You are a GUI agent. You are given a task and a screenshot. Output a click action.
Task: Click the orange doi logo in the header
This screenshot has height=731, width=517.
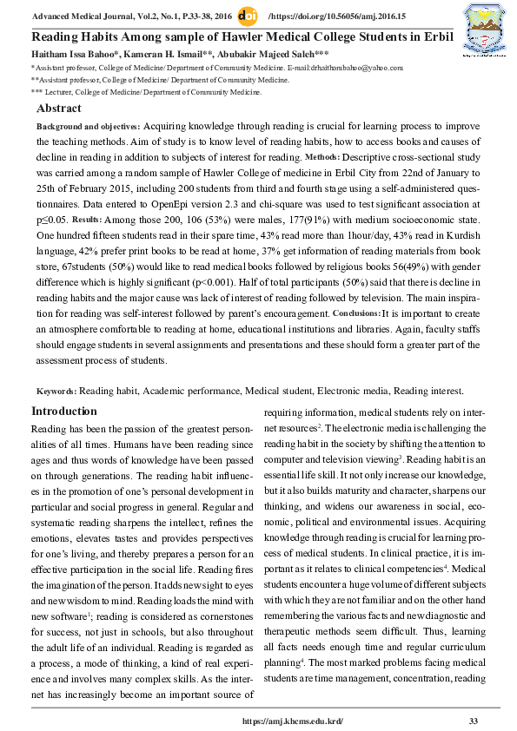[x=247, y=16]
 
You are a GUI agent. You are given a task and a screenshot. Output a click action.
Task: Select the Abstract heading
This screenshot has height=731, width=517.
[x=59, y=109]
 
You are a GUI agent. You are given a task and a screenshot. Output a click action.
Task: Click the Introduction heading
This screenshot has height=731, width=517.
[x=64, y=411]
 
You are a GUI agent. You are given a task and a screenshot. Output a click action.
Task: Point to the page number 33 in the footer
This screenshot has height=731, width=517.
[x=474, y=721]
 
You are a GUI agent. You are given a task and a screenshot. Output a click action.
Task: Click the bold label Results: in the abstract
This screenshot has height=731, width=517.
[x=87, y=220]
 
